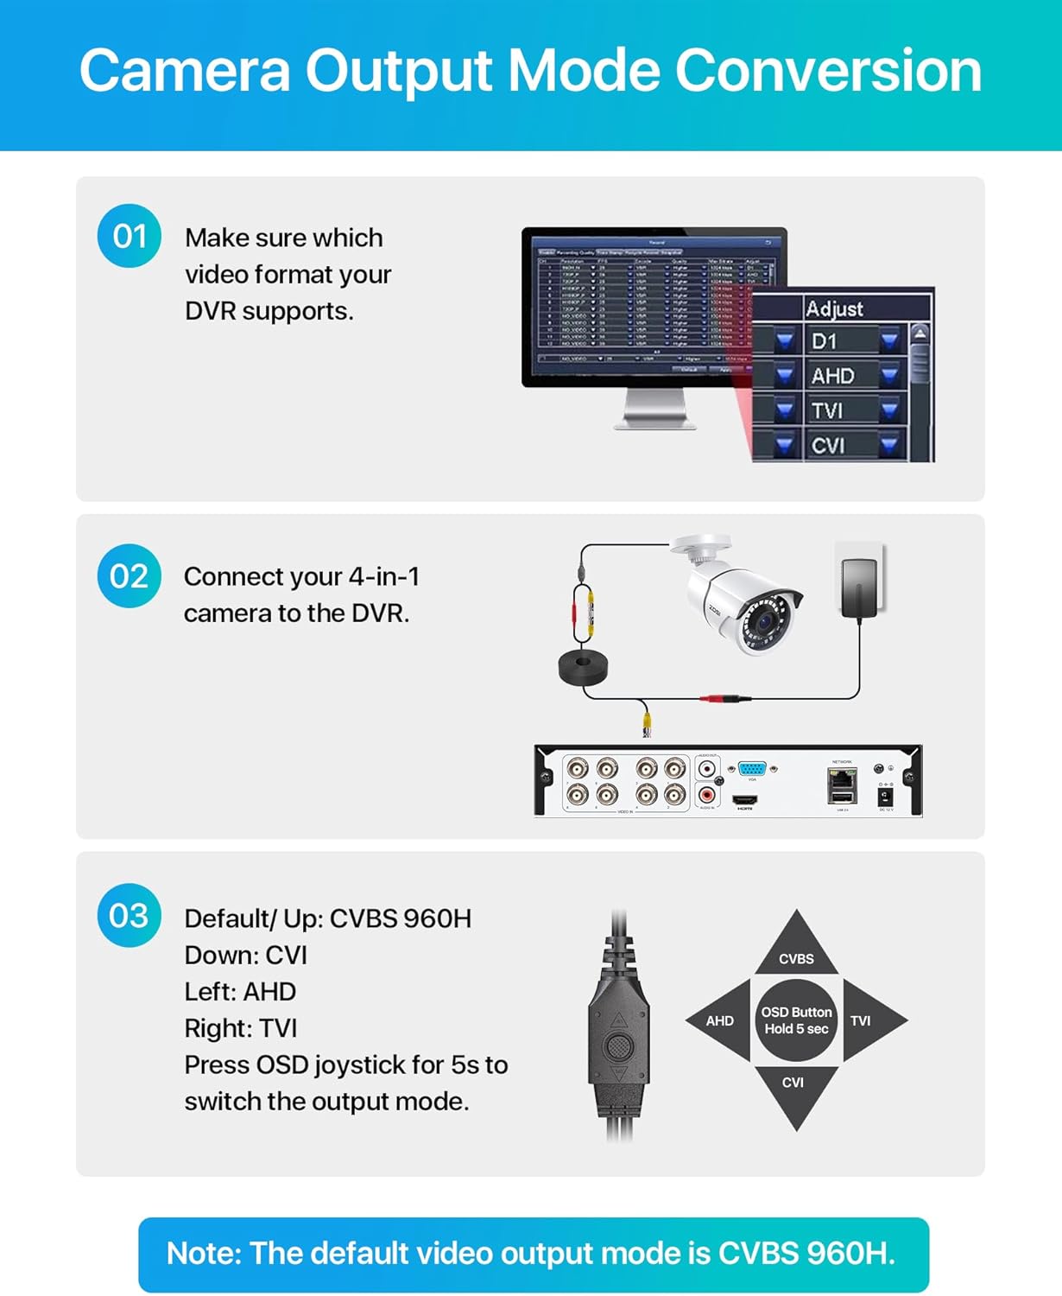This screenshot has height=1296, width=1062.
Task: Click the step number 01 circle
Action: (130, 236)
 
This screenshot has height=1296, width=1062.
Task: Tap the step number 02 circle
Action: (130, 576)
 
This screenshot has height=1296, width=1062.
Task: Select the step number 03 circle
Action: (130, 916)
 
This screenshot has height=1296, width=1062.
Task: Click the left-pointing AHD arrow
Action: (720, 1020)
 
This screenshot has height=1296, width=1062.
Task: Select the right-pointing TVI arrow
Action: (870, 1020)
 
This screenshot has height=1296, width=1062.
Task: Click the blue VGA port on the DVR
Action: (752, 768)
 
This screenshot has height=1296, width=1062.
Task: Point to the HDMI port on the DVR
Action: (745, 799)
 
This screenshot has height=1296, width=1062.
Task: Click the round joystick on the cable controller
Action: (618, 1047)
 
